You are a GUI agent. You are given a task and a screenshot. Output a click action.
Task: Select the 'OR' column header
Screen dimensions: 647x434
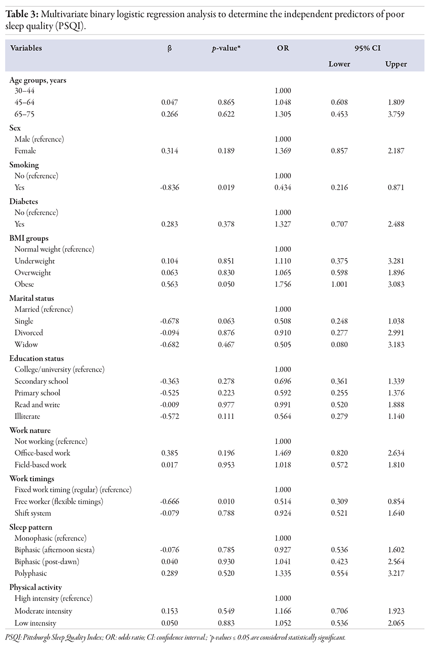[x=283, y=48]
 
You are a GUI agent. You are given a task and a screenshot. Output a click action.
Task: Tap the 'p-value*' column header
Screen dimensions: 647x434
[x=226, y=48]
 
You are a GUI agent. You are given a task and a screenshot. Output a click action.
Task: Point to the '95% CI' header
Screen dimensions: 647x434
[x=367, y=48]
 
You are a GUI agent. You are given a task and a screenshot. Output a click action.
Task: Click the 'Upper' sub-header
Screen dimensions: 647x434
[x=396, y=64]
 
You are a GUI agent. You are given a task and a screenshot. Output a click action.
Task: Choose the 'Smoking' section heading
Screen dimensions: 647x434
[x=24, y=164]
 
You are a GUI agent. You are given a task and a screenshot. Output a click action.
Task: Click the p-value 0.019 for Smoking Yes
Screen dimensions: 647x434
[x=226, y=188]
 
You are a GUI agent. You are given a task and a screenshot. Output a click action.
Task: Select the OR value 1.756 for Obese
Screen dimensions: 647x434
[x=283, y=284]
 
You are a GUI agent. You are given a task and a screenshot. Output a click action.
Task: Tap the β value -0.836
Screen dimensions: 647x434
[x=170, y=188]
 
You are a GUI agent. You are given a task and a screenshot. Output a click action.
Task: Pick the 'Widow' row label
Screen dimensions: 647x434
[x=26, y=345]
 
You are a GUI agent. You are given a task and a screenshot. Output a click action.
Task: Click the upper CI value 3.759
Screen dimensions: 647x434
[x=396, y=114]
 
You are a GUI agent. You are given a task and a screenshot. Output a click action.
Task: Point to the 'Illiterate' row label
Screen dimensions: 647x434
[x=27, y=416]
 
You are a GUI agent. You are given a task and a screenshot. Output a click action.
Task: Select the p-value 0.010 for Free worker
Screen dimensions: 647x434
[x=226, y=501]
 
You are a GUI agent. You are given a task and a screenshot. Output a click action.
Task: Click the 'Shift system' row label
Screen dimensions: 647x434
[x=33, y=513]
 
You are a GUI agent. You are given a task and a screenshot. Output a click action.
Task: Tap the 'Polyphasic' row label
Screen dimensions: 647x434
[x=31, y=573]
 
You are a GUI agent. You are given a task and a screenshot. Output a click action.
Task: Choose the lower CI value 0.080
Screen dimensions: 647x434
[x=339, y=345]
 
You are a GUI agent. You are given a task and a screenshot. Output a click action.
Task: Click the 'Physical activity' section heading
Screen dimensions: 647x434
[x=36, y=587]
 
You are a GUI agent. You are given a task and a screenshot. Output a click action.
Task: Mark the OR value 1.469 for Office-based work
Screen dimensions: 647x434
[x=283, y=453]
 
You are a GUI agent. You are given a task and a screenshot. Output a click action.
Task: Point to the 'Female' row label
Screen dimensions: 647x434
[x=25, y=151]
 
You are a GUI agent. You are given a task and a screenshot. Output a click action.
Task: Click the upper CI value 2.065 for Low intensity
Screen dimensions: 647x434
[x=396, y=623]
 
